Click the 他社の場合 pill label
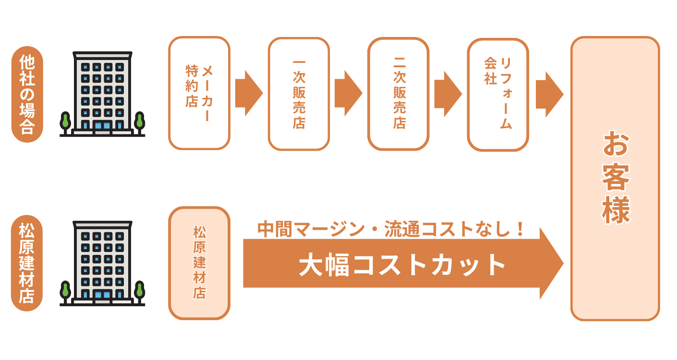[x=27, y=95]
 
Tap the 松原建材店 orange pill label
[x=27, y=263]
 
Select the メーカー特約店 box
[x=199, y=93]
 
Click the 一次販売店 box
[x=299, y=94]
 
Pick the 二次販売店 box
[x=398, y=94]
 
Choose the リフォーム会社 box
[x=498, y=95]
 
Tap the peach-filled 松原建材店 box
[x=199, y=263]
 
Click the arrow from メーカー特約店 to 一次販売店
[x=249, y=93]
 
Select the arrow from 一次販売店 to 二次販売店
[x=348, y=93]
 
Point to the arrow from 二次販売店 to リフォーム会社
[x=448, y=94]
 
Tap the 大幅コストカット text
[x=402, y=264]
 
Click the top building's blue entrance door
[x=102, y=126]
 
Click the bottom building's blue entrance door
[x=102, y=295]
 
